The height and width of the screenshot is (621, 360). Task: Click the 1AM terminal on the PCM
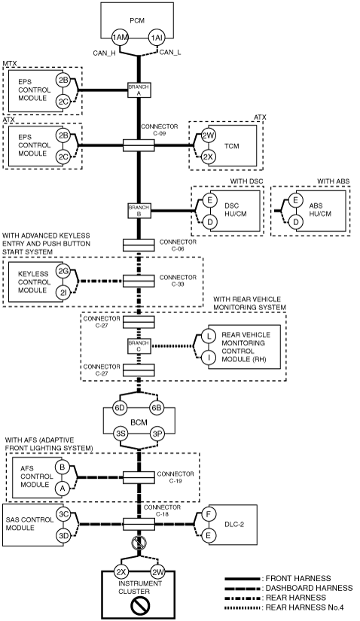(x=121, y=38)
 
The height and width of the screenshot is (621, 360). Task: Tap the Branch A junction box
(x=139, y=90)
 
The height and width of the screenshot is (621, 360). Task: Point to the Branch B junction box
(x=139, y=211)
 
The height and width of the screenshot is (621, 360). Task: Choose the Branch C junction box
(x=139, y=346)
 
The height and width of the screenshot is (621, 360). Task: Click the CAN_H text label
(x=104, y=53)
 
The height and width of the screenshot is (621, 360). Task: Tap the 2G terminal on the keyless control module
(x=63, y=272)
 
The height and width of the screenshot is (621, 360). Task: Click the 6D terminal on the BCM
(x=121, y=408)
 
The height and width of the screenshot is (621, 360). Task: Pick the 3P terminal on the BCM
(x=157, y=434)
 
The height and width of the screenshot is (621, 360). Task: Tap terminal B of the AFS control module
(x=62, y=467)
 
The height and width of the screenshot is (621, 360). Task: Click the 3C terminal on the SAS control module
(x=63, y=514)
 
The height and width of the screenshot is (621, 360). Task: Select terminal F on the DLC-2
(x=208, y=514)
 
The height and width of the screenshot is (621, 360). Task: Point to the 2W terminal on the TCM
(x=208, y=135)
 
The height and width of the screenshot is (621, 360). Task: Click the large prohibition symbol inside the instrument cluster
(x=139, y=605)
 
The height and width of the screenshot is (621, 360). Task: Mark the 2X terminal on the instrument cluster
(x=121, y=572)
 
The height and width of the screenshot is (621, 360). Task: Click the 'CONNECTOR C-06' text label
(x=178, y=245)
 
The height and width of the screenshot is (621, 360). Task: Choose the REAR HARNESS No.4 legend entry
(x=284, y=607)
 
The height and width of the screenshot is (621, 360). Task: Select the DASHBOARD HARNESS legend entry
(x=288, y=588)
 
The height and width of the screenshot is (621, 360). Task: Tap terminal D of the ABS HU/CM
(x=295, y=222)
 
